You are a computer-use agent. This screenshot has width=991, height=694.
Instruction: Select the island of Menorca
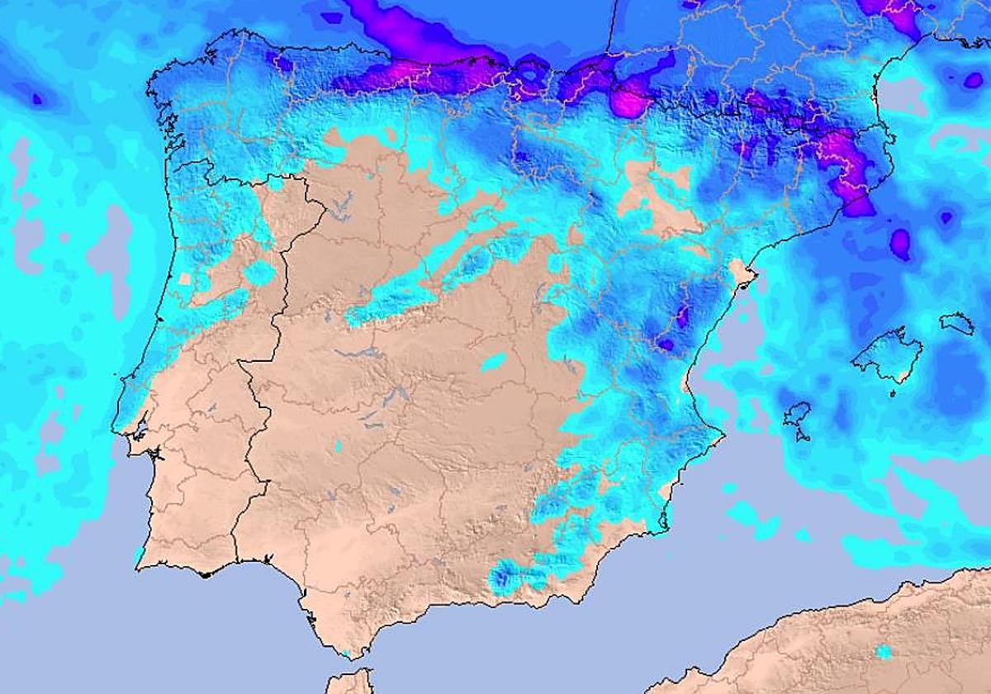[958, 321]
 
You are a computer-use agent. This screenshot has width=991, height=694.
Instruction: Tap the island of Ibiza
[798, 416]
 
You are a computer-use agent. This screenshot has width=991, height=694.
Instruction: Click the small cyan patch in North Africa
[884, 652]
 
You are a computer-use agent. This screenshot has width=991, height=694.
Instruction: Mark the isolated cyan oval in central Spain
[494, 362]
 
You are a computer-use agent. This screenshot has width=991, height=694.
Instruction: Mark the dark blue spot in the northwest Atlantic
[37, 98]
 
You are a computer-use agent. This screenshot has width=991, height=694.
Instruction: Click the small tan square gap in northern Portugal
[183, 278]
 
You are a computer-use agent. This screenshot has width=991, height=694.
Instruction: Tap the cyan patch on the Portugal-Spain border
[260, 273]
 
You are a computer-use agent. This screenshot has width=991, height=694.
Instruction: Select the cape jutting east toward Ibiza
[722, 433]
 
